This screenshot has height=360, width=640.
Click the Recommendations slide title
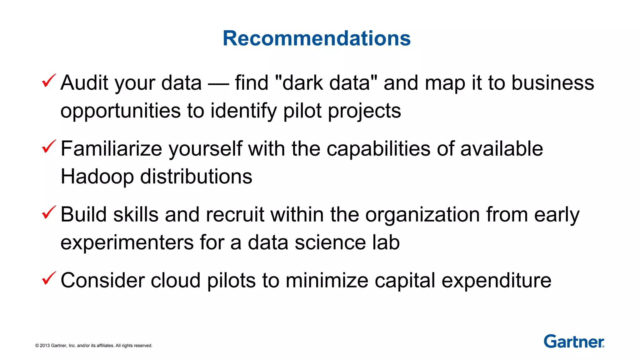(317, 38)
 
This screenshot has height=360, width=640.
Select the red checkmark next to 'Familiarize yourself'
(49, 147)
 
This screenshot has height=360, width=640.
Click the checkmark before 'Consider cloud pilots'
(49, 278)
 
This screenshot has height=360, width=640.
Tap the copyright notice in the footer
(94, 346)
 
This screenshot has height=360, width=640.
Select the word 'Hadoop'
(97, 177)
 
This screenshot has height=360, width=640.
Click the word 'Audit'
(84, 83)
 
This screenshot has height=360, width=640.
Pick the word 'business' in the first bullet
(552, 83)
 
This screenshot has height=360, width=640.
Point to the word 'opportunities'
(121, 111)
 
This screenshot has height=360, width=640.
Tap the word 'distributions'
(196, 177)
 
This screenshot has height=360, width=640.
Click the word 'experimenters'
(127, 243)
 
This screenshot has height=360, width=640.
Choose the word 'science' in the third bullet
(330, 243)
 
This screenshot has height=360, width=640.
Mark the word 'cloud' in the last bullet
(176, 280)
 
